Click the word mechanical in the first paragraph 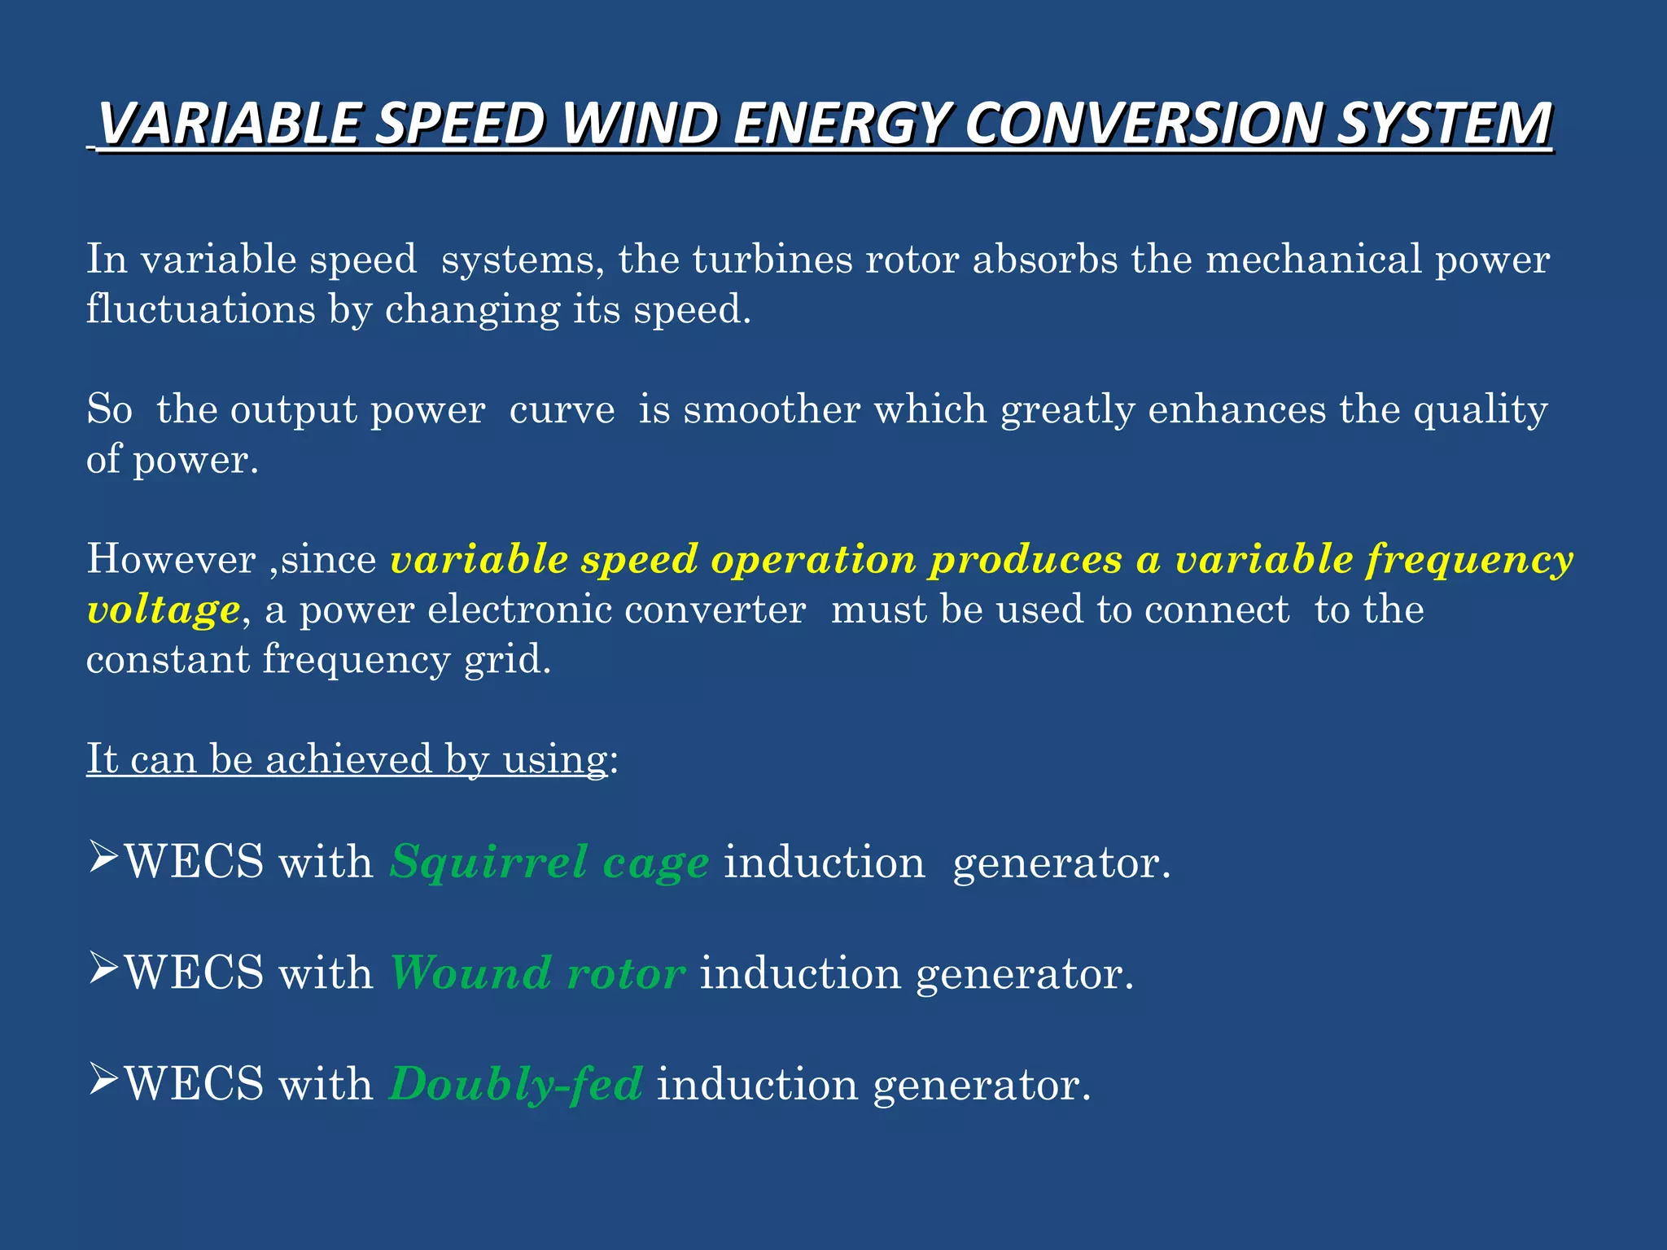[1313, 260]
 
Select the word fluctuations [201, 309]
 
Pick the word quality [1480, 410]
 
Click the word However [171, 559]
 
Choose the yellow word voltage [164, 610]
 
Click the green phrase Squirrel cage [549, 863]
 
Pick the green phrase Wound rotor [537, 973]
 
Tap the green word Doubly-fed [516, 1085]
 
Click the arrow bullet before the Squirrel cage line [104, 859]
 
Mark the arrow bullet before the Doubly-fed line [104, 1082]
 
